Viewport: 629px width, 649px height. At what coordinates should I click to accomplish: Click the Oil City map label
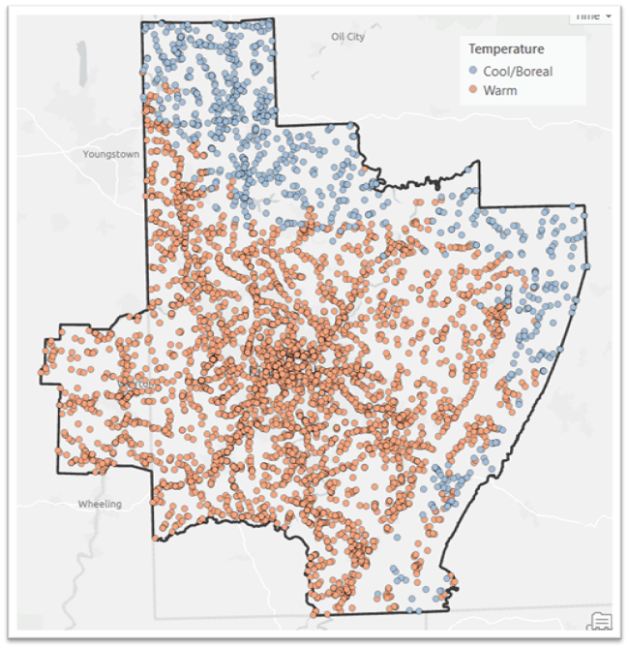click(x=348, y=37)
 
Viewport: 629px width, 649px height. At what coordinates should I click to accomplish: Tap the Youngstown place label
click(x=110, y=154)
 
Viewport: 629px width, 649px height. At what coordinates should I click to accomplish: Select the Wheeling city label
click(x=99, y=505)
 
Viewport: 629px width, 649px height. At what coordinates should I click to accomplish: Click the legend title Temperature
click(x=505, y=49)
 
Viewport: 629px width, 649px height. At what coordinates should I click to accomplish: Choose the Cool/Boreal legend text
click(x=518, y=72)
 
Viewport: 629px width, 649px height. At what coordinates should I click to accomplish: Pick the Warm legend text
click(x=499, y=91)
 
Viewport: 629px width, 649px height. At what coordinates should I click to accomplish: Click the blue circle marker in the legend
click(x=472, y=72)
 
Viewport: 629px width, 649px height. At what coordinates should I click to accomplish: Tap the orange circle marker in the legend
click(x=472, y=91)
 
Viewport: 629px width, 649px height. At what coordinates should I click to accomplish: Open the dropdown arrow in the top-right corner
click(x=607, y=16)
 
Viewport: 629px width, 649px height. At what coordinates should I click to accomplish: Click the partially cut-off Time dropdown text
click(x=586, y=16)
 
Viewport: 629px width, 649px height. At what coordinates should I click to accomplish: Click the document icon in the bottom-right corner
click(x=600, y=621)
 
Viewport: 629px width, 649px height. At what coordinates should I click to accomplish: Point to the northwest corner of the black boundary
click(x=142, y=22)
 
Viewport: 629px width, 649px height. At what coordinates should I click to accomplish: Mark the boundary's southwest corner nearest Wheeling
click(x=155, y=540)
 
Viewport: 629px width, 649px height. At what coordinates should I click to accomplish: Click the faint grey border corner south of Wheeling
click(x=155, y=616)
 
